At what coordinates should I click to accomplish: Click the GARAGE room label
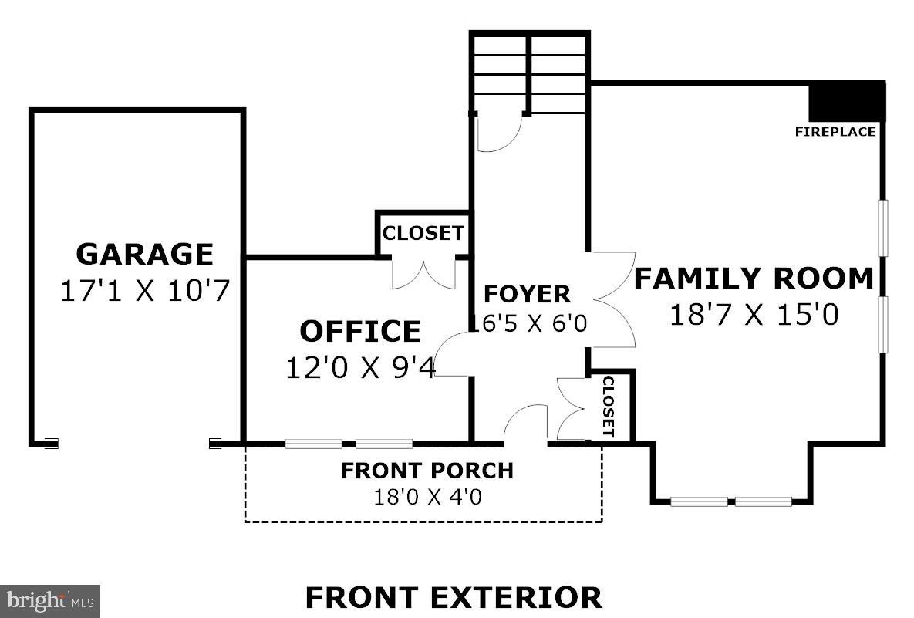click(x=144, y=254)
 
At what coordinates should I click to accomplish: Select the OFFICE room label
click(x=360, y=331)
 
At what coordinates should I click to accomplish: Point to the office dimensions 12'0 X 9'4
click(x=360, y=367)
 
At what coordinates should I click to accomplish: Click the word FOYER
click(x=527, y=294)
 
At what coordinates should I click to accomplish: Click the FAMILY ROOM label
click(x=754, y=278)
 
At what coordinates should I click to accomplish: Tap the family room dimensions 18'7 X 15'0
click(x=754, y=314)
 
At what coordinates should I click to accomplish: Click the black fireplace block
click(x=846, y=100)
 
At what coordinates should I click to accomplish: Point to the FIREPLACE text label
click(x=835, y=132)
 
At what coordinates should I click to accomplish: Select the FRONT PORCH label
click(x=427, y=470)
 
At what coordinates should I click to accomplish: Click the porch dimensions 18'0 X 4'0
click(x=427, y=496)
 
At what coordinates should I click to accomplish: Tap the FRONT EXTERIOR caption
click(x=454, y=597)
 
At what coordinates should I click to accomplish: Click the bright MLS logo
click(x=50, y=600)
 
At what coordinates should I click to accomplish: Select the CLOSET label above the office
click(x=423, y=232)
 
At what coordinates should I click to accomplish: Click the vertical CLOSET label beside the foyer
click(x=608, y=407)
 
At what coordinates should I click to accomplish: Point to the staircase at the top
click(x=530, y=73)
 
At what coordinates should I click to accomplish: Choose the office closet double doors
click(x=423, y=275)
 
